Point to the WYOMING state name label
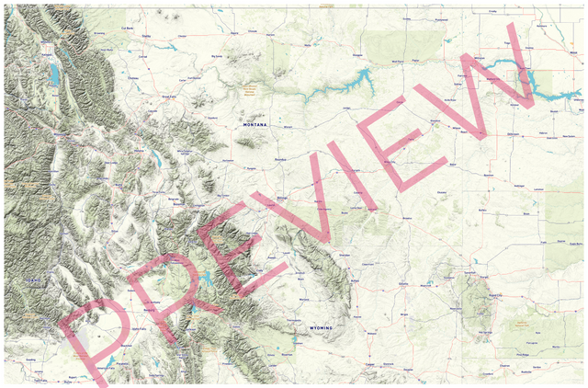(x=321, y=327)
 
